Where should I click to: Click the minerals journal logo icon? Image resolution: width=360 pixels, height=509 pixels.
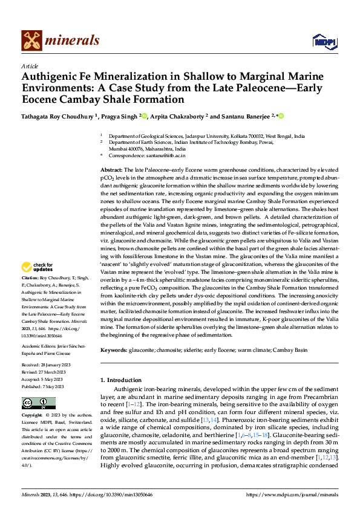32,41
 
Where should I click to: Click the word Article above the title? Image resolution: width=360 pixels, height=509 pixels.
30,66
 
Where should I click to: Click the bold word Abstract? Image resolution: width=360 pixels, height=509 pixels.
111,172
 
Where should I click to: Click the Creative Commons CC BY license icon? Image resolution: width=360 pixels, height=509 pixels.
39,403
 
